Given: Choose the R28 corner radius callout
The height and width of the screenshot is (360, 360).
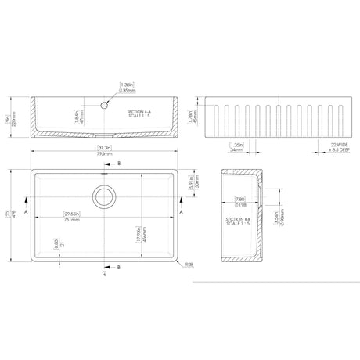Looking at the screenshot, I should point(191,265).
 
